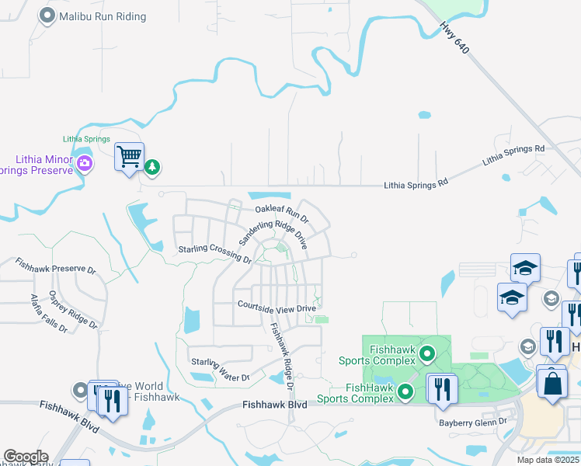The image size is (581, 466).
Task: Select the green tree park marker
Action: pyautogui.click(x=153, y=165)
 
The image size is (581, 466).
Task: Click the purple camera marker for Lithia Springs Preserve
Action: pyautogui.click(x=85, y=163)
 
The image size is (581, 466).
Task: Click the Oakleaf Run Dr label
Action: pyautogui.click(x=282, y=211)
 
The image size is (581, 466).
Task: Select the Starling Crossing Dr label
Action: pyautogui.click(x=214, y=254)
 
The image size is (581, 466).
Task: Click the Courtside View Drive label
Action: pyautogui.click(x=277, y=308)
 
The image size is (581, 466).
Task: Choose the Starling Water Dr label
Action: pyautogui.click(x=220, y=370)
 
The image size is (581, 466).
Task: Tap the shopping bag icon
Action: pyautogui.click(x=551, y=383)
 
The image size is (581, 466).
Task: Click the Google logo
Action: pyautogui.click(x=26, y=457)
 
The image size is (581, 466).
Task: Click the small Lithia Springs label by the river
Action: pyautogui.click(x=87, y=138)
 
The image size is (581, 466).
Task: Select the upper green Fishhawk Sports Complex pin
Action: pyautogui.click(x=426, y=356)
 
